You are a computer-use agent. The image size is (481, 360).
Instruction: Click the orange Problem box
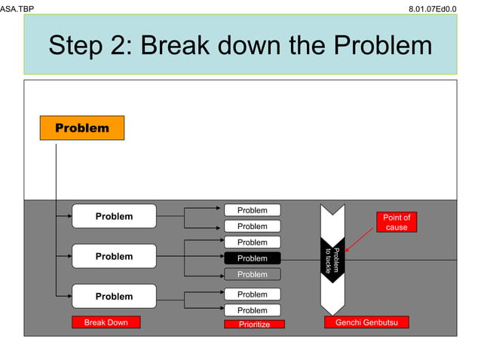[x=82, y=128]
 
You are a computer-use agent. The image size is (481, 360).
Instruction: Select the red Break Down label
[x=106, y=322]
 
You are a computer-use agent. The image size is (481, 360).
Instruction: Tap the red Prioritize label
[x=254, y=324]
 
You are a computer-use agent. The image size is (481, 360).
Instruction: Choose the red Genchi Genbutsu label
[x=366, y=322]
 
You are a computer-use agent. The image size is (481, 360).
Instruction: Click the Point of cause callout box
[x=396, y=222]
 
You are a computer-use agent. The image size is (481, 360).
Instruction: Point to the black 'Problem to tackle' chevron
[x=332, y=260]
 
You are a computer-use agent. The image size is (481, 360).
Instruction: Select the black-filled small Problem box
[x=252, y=258]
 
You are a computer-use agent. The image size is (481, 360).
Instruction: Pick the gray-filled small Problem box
[x=252, y=274]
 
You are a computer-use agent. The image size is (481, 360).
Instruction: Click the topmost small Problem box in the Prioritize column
[x=252, y=210]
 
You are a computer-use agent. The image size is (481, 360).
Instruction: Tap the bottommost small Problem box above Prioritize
[x=252, y=310]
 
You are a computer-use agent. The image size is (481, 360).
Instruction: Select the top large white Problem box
[x=114, y=216]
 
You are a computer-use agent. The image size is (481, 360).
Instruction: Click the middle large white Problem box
[x=114, y=256]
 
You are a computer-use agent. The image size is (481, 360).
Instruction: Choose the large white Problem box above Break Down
[x=114, y=296]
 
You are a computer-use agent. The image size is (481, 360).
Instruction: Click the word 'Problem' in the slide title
[x=383, y=45]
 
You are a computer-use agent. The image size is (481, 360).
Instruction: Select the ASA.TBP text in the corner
[x=17, y=8]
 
